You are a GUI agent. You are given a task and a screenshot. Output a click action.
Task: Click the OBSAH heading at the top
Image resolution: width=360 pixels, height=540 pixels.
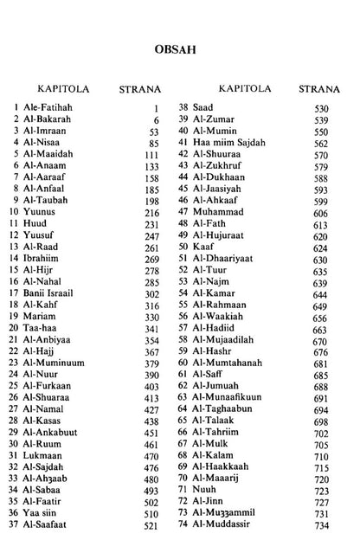180,49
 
